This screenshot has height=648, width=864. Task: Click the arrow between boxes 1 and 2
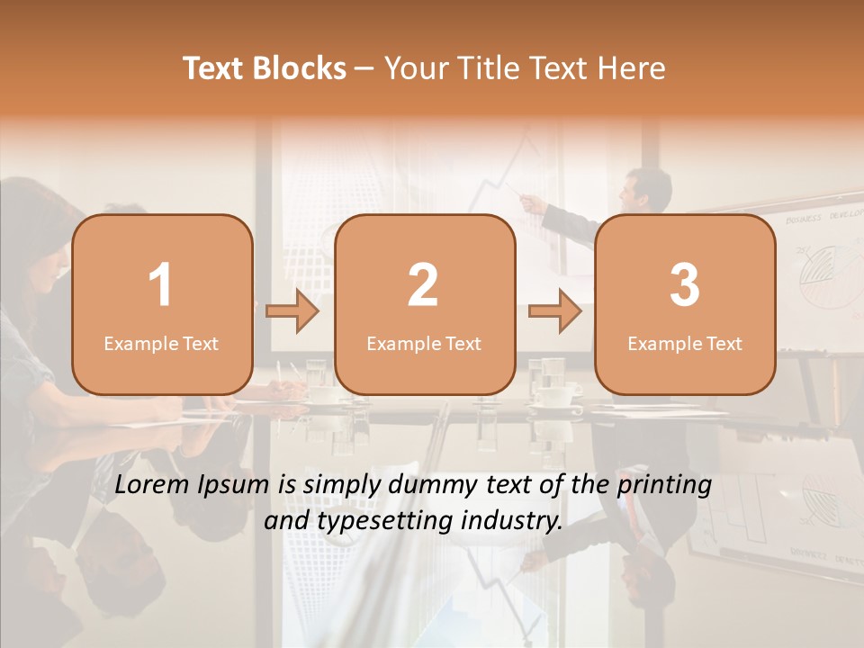[292, 311]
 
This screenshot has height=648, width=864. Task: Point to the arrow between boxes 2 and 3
[555, 311]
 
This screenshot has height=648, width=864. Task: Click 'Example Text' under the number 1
[161, 343]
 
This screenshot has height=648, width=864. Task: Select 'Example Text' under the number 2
[424, 343]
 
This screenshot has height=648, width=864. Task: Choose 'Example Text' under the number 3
[685, 343]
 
